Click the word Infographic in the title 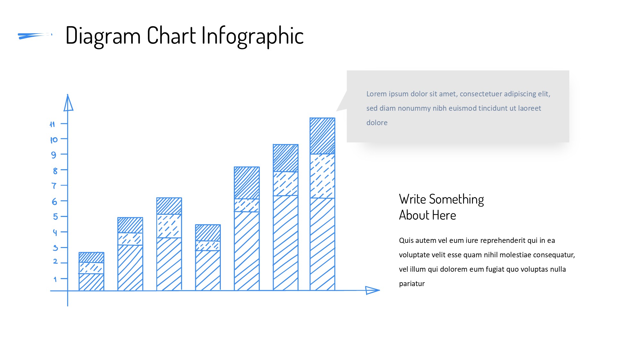click(252, 36)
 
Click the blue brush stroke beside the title click(35, 36)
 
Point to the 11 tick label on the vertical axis click(52, 124)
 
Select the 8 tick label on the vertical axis click(55, 171)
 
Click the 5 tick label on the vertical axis click(55, 217)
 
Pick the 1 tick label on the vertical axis click(55, 279)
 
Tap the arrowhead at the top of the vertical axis click(68, 102)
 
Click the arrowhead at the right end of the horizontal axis click(372, 290)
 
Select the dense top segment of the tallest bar click(323, 136)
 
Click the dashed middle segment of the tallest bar click(323, 176)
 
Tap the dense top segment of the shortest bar click(92, 258)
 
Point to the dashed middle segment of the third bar click(169, 226)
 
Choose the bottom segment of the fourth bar click(208, 270)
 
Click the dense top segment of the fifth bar click(247, 183)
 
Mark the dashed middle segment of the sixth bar click(286, 184)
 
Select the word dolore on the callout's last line click(377, 123)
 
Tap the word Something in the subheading click(456, 200)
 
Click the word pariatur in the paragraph click(412, 284)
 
